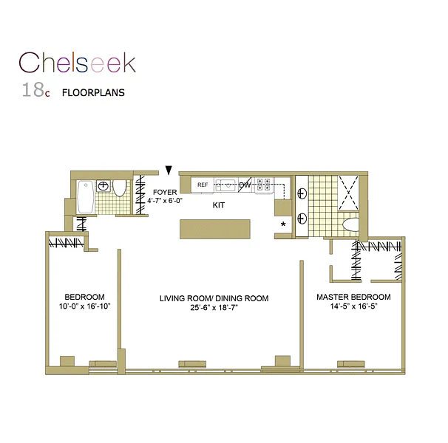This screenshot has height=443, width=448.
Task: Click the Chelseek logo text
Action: click(x=78, y=63)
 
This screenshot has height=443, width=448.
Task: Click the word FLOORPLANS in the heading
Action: click(x=92, y=94)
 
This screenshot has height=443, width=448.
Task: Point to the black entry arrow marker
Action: click(x=169, y=171)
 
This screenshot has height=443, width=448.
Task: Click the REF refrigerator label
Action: click(x=203, y=185)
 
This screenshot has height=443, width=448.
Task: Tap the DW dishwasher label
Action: click(x=245, y=185)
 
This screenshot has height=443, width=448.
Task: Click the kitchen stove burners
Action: click(x=264, y=185)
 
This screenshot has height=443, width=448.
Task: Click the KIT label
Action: click(x=219, y=205)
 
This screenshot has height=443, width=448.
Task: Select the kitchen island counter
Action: click(x=216, y=228)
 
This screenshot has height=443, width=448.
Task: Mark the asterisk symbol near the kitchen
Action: click(x=282, y=224)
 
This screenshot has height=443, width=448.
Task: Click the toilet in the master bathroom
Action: click(x=351, y=224)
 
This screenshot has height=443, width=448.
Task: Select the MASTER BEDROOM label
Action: click(x=353, y=297)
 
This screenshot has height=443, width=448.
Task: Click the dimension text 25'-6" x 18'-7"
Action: click(x=214, y=308)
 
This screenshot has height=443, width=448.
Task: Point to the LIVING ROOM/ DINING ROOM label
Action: click(x=214, y=298)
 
